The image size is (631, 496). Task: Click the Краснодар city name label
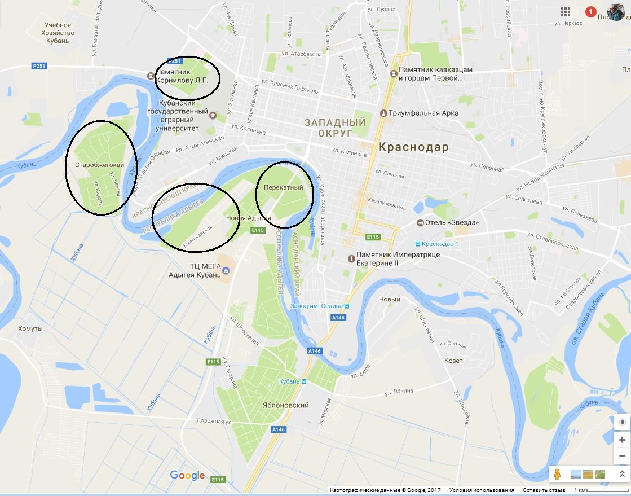[x=414, y=147]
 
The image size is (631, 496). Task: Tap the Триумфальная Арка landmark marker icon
[x=384, y=113]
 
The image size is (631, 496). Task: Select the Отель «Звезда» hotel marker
[x=421, y=222]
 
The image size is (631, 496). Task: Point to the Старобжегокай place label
[x=99, y=165]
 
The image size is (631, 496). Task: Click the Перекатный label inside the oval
[x=284, y=187]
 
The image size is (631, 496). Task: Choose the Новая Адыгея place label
[x=248, y=218]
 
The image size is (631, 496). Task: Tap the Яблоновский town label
[x=286, y=405]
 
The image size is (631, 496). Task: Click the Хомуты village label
[x=30, y=328]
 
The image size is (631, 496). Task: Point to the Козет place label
[x=453, y=361]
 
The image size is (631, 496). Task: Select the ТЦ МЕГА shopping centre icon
[x=226, y=271]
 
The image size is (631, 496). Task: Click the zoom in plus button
[x=622, y=440]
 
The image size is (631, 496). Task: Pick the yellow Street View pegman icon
[x=557, y=474]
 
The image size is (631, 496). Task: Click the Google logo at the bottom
[x=187, y=476]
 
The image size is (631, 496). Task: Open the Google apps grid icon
[x=566, y=12]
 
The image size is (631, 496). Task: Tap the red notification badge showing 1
[x=590, y=12]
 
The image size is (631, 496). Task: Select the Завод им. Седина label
[x=316, y=306]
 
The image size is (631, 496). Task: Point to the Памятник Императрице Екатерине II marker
[x=352, y=258]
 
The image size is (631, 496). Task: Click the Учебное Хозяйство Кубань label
[x=58, y=33]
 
